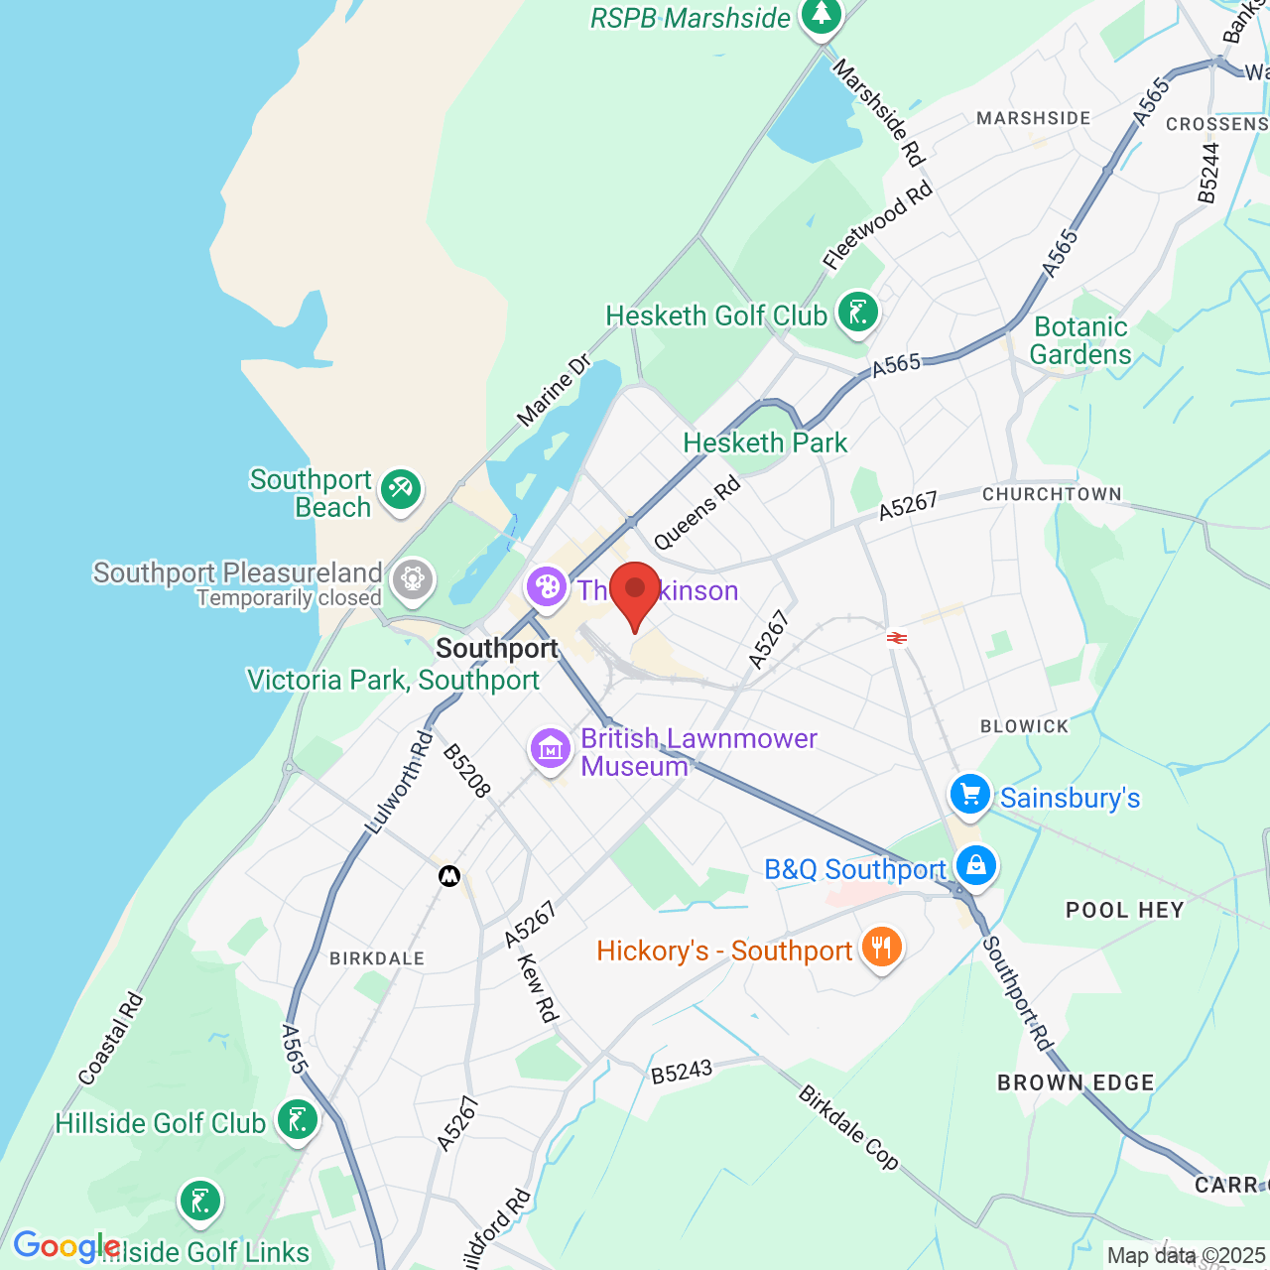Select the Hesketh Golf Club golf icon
858,313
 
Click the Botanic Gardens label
1080,340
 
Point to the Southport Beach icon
401,489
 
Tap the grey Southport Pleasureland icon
413,578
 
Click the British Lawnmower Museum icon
551,748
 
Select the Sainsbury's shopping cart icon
970,795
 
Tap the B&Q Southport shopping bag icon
976,865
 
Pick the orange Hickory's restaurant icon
881,947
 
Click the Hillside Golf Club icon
297,1120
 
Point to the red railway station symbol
897,638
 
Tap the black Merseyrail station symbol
449,876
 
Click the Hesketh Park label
765,443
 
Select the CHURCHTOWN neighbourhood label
1052,494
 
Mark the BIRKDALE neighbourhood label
377,958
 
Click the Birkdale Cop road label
848,1128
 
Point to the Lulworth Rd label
399,782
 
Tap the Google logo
66,1246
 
